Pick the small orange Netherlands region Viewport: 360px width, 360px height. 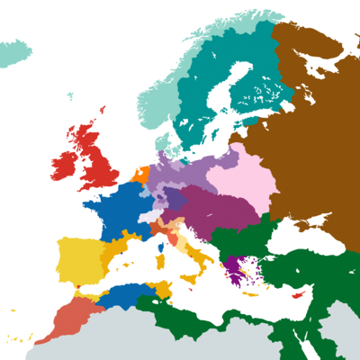coord(140,174)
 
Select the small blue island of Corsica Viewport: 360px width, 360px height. coord(164,244)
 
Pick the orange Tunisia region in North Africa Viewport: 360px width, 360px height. coord(163,290)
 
